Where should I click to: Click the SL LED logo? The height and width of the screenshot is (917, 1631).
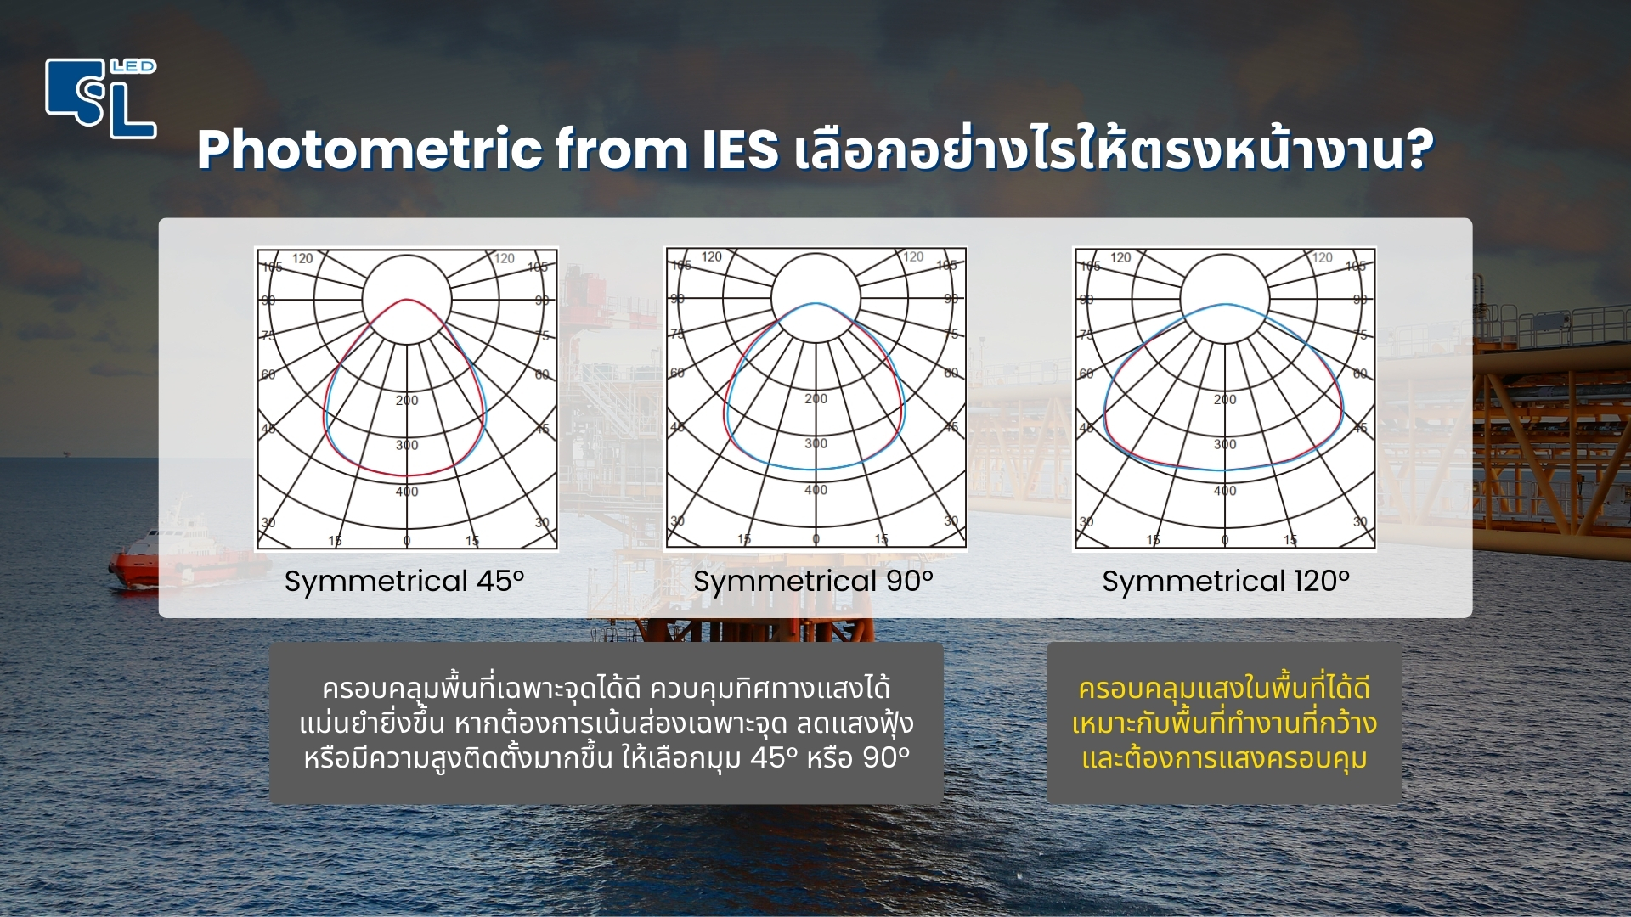pyautogui.click(x=100, y=98)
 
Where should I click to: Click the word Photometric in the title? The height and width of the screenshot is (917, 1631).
pyautogui.click(x=370, y=149)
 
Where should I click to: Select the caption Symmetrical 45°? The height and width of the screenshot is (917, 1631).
pyautogui.click(x=404, y=582)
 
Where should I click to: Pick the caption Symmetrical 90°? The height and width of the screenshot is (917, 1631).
pyautogui.click(x=813, y=582)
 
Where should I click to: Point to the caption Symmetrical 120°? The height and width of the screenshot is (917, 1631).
pyautogui.click(x=1225, y=582)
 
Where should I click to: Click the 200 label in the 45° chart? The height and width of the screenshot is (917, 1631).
pyautogui.click(x=407, y=400)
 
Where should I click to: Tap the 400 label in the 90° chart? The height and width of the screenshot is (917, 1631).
pyautogui.click(x=815, y=490)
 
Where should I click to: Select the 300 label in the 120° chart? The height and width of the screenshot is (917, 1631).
pyautogui.click(x=1225, y=444)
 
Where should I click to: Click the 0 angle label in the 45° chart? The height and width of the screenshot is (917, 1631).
pyautogui.click(x=407, y=541)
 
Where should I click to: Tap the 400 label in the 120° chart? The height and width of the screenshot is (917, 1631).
pyautogui.click(x=1225, y=491)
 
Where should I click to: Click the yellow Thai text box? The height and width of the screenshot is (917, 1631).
pyautogui.click(x=1224, y=723)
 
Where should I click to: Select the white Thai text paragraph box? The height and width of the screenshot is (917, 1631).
pyautogui.click(x=607, y=723)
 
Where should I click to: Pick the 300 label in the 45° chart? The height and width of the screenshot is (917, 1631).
pyautogui.click(x=407, y=445)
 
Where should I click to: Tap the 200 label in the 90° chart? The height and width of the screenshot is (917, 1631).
pyautogui.click(x=815, y=398)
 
